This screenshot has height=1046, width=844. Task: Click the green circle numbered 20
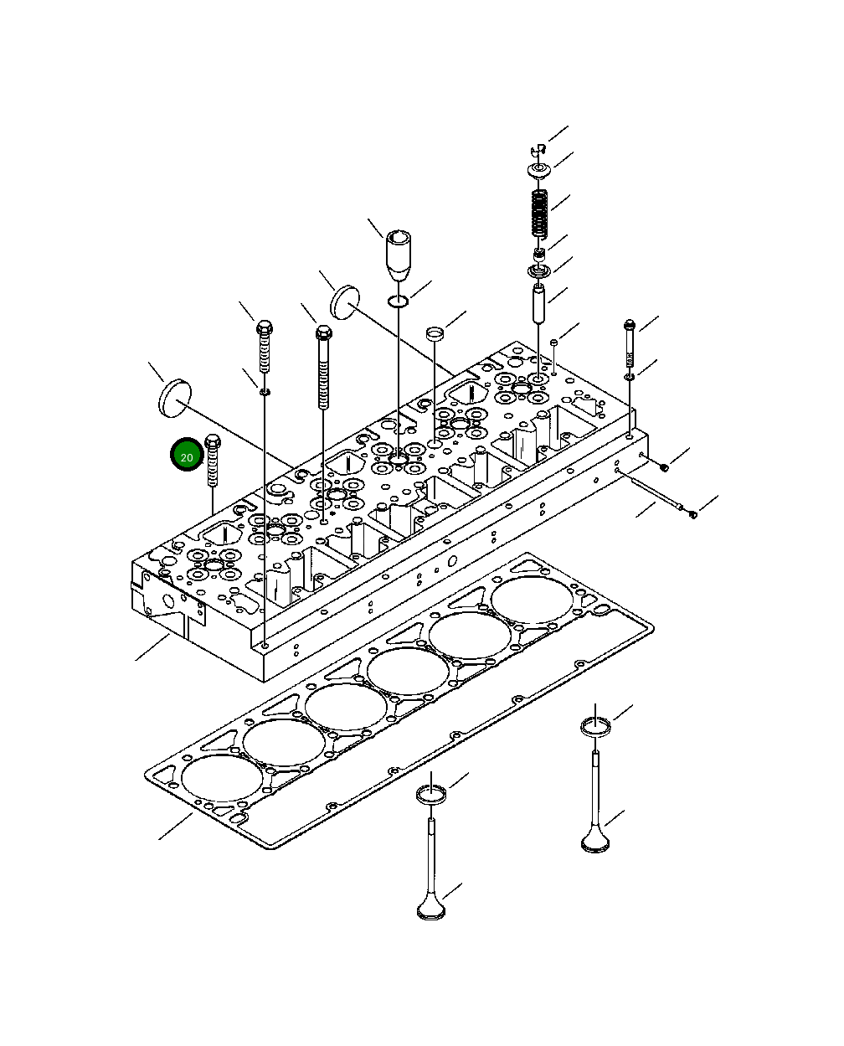tap(186, 456)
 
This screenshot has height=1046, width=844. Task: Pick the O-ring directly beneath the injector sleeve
tap(399, 301)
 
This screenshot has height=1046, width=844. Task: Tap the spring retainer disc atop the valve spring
tap(539, 172)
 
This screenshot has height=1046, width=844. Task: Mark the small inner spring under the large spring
tap(540, 253)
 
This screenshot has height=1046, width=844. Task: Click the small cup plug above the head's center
tap(434, 334)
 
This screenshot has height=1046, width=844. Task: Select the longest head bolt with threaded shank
tap(323, 368)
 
